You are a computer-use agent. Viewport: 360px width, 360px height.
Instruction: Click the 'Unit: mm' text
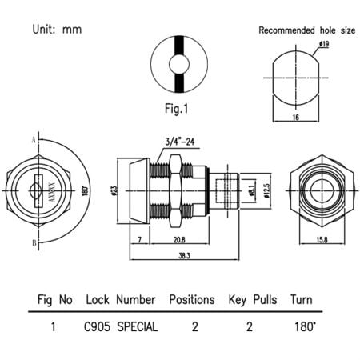57,30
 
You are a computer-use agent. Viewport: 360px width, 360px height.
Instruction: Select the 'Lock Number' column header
118,300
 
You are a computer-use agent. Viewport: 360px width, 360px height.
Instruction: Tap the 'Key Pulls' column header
253,300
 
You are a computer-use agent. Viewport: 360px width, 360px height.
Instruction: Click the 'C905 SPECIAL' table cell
121,326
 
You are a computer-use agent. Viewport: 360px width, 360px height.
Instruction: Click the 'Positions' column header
192,300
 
